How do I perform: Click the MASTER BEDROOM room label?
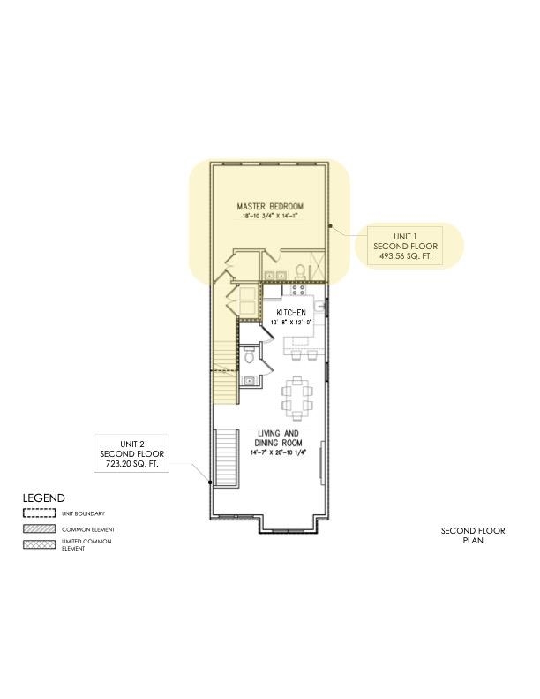[269, 206]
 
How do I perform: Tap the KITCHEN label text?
[291, 314]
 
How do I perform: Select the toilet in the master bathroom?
[301, 269]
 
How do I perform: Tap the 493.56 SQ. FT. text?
[404, 256]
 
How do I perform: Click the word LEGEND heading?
[43, 498]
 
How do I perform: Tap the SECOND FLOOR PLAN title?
[473, 536]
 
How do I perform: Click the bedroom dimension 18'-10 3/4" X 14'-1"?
[269, 216]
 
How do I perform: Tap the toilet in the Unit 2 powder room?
[249, 357]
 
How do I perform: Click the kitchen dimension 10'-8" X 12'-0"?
[291, 323]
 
